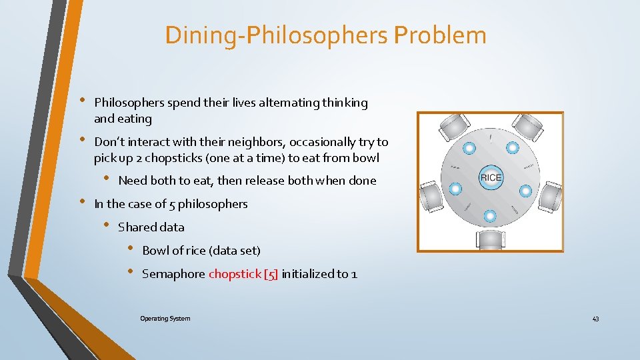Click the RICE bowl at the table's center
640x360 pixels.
point(490,177)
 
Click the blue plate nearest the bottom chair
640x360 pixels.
point(490,216)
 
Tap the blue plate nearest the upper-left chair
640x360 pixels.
point(469,147)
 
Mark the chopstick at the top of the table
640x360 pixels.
point(491,139)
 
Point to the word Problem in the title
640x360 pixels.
point(440,35)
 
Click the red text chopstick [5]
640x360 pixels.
point(243,273)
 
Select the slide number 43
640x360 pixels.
point(595,319)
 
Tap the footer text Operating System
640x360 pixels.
point(165,319)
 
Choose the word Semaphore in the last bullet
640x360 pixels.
point(173,273)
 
